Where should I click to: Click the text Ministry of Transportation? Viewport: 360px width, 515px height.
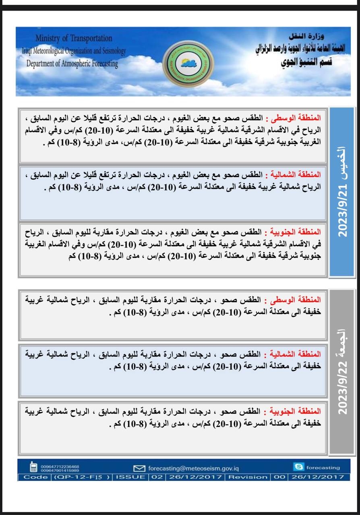click(74, 38)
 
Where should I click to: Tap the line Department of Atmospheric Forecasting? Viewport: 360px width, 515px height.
click(72, 64)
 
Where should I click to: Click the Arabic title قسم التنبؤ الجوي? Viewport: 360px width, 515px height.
click(305, 64)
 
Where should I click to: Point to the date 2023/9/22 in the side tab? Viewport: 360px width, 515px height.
click(342, 386)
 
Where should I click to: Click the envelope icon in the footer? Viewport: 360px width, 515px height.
click(139, 468)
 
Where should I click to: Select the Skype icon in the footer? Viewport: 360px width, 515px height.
click(298, 467)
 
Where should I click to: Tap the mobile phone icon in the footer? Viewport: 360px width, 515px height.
click(34, 468)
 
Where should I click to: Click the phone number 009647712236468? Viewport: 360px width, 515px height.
click(60, 466)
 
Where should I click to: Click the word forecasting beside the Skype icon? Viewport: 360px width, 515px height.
click(323, 468)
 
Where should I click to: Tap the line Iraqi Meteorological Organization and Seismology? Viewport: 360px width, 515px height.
click(74, 51)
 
